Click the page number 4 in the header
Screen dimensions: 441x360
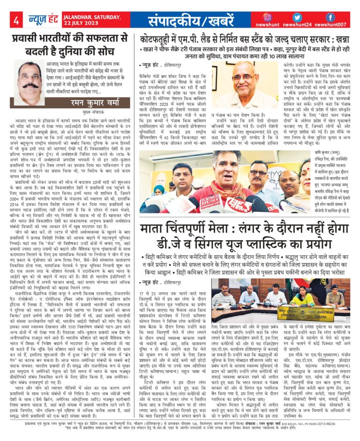coord(16,21)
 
